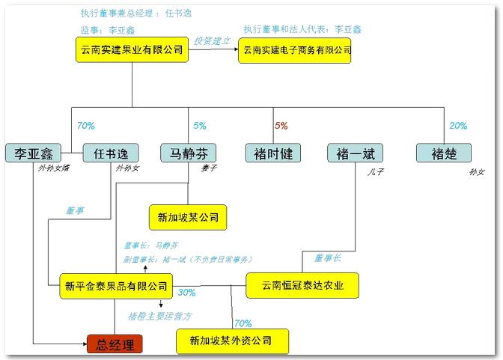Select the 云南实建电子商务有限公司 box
point(294,51)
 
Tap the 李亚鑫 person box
point(32,153)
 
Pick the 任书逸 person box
point(110,153)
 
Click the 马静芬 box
point(188,153)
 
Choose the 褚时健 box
point(273,153)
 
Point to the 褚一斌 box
point(356,153)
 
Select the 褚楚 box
point(445,153)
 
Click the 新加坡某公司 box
point(187,217)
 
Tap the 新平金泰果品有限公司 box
point(116,285)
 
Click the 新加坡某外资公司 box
point(223,341)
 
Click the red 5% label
point(281,126)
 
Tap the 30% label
point(187,293)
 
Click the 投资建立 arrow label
point(212,40)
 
